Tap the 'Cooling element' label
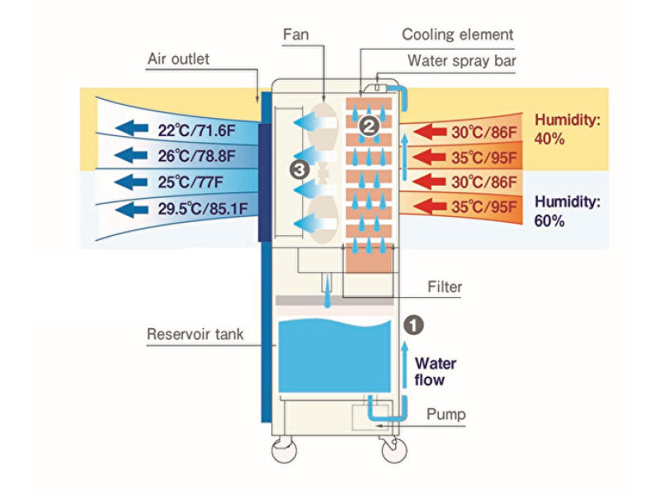tap(458, 35)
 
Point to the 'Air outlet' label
tap(178, 59)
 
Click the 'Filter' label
tap(445, 287)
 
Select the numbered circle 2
tap(369, 126)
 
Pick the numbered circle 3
tap(300, 169)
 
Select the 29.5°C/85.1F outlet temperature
tap(202, 208)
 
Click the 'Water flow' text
tap(435, 371)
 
